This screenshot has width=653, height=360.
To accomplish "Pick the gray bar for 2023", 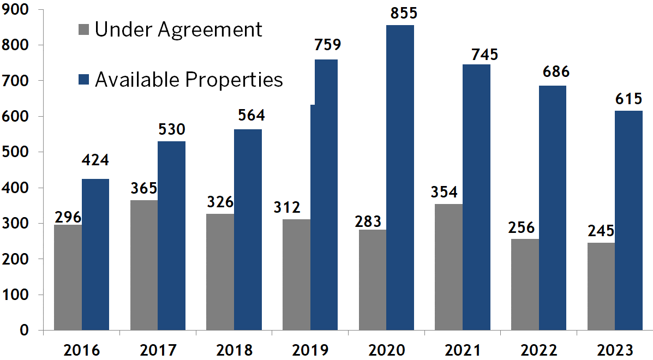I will click(601, 286).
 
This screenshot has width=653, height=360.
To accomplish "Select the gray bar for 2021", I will click(448, 267).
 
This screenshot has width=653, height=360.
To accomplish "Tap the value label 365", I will click(144, 188).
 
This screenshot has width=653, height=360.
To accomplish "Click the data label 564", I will click(251, 116).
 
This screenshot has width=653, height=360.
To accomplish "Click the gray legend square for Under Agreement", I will click(83, 29).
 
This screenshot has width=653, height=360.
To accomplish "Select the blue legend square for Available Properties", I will click(83, 80).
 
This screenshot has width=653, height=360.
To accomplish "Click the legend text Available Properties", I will click(189, 80).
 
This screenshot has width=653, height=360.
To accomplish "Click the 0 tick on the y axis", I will click(25, 330).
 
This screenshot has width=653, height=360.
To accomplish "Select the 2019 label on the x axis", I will click(310, 350).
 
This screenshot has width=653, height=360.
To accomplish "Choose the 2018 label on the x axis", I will click(234, 350).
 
